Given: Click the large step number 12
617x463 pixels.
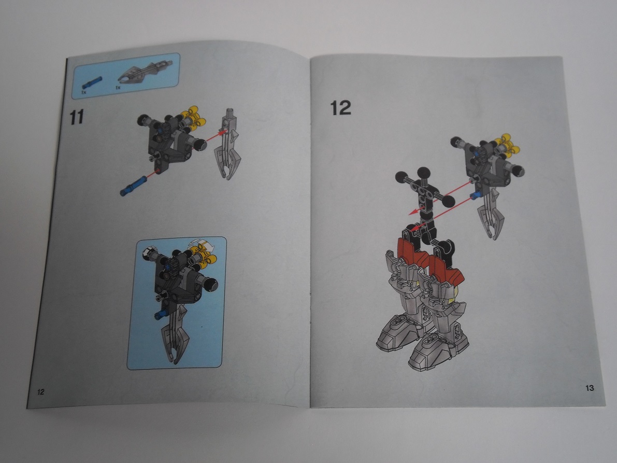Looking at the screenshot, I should pos(340,107).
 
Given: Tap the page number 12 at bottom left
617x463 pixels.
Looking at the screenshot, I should pos(40,391).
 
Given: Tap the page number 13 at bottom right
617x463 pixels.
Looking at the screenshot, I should pos(590,388).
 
